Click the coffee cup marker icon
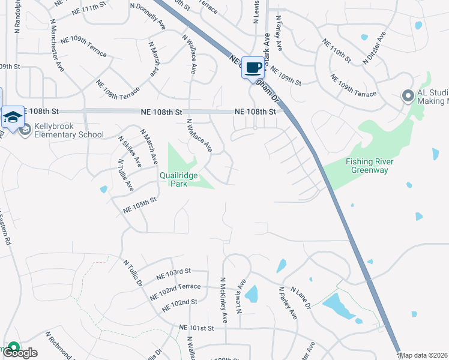[x=253, y=67]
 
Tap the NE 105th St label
[x=139, y=205]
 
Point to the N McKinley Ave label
[x=224, y=299]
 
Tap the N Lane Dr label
[x=300, y=298]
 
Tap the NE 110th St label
[x=337, y=51]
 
